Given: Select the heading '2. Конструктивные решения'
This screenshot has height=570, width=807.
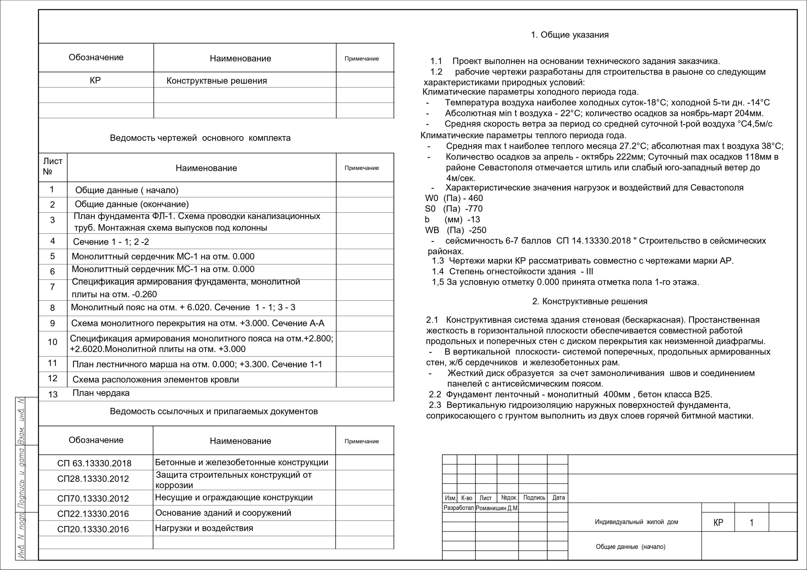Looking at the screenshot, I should click(x=589, y=302).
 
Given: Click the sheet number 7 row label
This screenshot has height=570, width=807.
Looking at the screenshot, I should click(x=52, y=287).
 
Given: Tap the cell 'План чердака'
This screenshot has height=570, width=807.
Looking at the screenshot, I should click(x=101, y=393).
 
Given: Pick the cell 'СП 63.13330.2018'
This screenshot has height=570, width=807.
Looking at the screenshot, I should click(x=94, y=463).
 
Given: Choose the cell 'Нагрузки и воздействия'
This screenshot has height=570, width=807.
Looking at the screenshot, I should click(x=204, y=528).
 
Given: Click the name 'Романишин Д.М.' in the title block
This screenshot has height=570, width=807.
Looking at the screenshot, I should click(x=496, y=508).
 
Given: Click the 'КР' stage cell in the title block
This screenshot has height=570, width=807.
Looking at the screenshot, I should click(x=718, y=522).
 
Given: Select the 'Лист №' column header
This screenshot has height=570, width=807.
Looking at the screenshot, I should click(x=53, y=166).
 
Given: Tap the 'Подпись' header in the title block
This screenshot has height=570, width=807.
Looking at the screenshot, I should click(x=534, y=498).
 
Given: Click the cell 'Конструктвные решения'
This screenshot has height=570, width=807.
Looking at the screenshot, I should click(x=217, y=81).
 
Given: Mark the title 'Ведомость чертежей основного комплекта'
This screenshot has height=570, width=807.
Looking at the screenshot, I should click(x=200, y=138).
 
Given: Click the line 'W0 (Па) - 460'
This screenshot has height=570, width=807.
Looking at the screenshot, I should click(x=454, y=198).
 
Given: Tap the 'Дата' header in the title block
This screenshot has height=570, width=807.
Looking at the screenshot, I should click(x=559, y=498).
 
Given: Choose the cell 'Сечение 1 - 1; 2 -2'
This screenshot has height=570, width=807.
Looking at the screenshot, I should click(x=111, y=242).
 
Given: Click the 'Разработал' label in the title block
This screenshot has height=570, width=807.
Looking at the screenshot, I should click(x=459, y=508).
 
